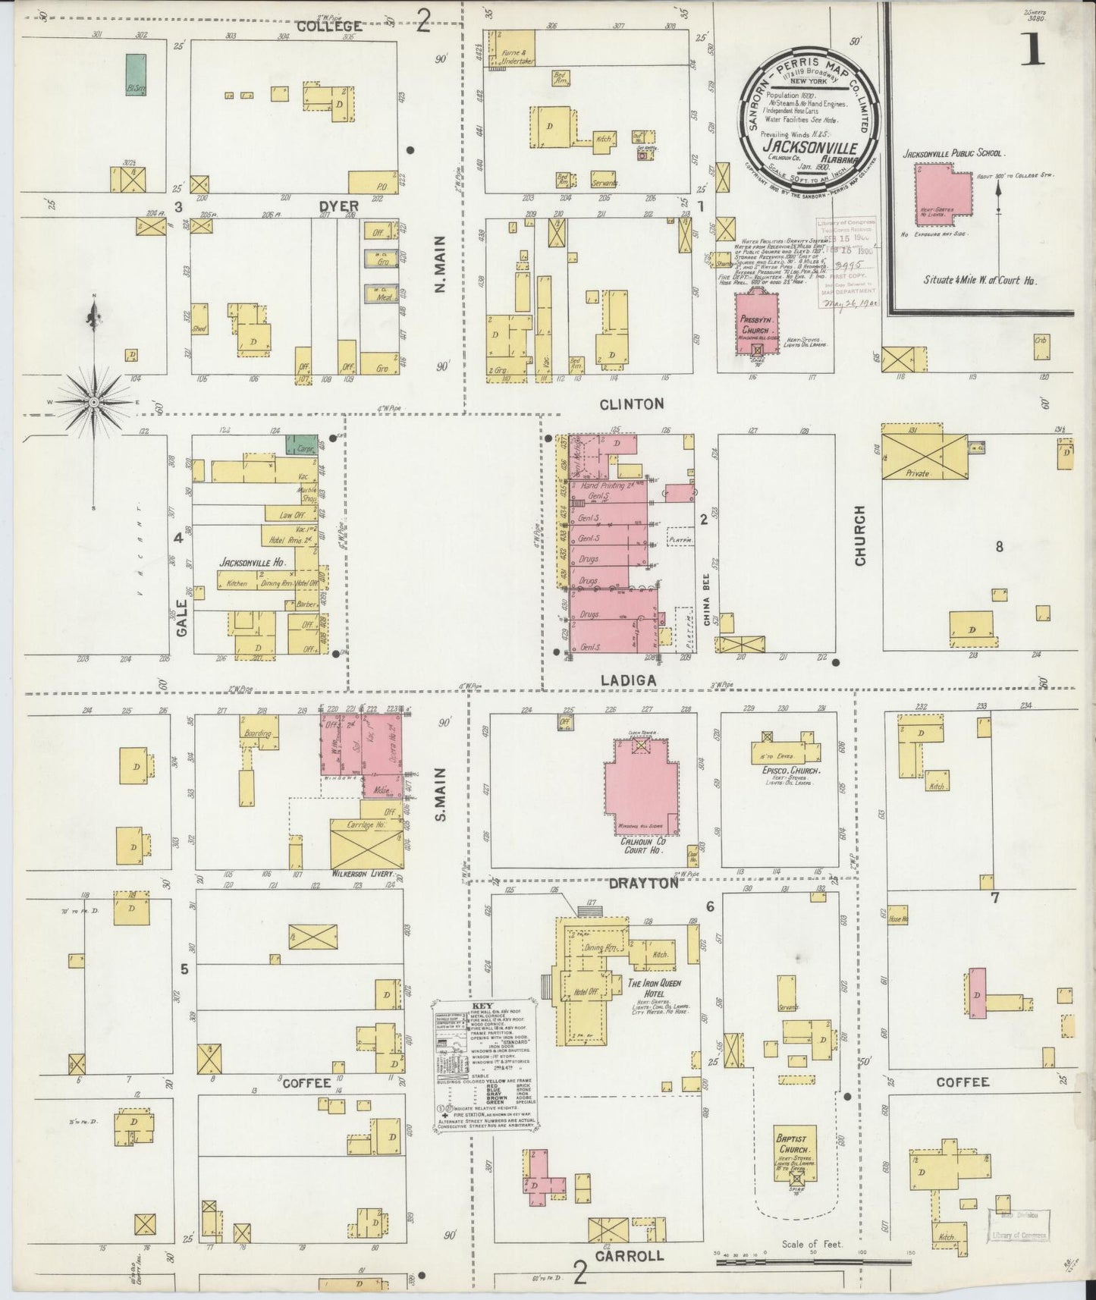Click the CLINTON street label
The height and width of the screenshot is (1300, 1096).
click(631, 404)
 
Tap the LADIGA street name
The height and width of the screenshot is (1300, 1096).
click(627, 681)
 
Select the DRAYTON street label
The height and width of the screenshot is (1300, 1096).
click(642, 884)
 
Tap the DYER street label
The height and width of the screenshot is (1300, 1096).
click(338, 206)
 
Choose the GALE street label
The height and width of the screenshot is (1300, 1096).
click(181, 618)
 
